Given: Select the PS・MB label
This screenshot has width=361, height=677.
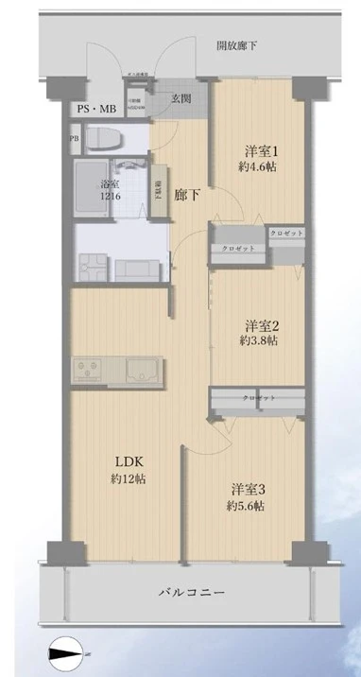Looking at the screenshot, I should pos(95,110).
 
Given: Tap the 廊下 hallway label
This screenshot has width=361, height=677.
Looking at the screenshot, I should pos(187,195).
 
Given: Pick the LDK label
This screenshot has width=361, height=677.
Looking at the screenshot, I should pos(129,461).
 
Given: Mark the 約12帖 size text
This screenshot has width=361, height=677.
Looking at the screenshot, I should pos(129,478).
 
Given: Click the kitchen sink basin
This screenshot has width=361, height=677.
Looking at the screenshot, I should pos(141,369).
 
